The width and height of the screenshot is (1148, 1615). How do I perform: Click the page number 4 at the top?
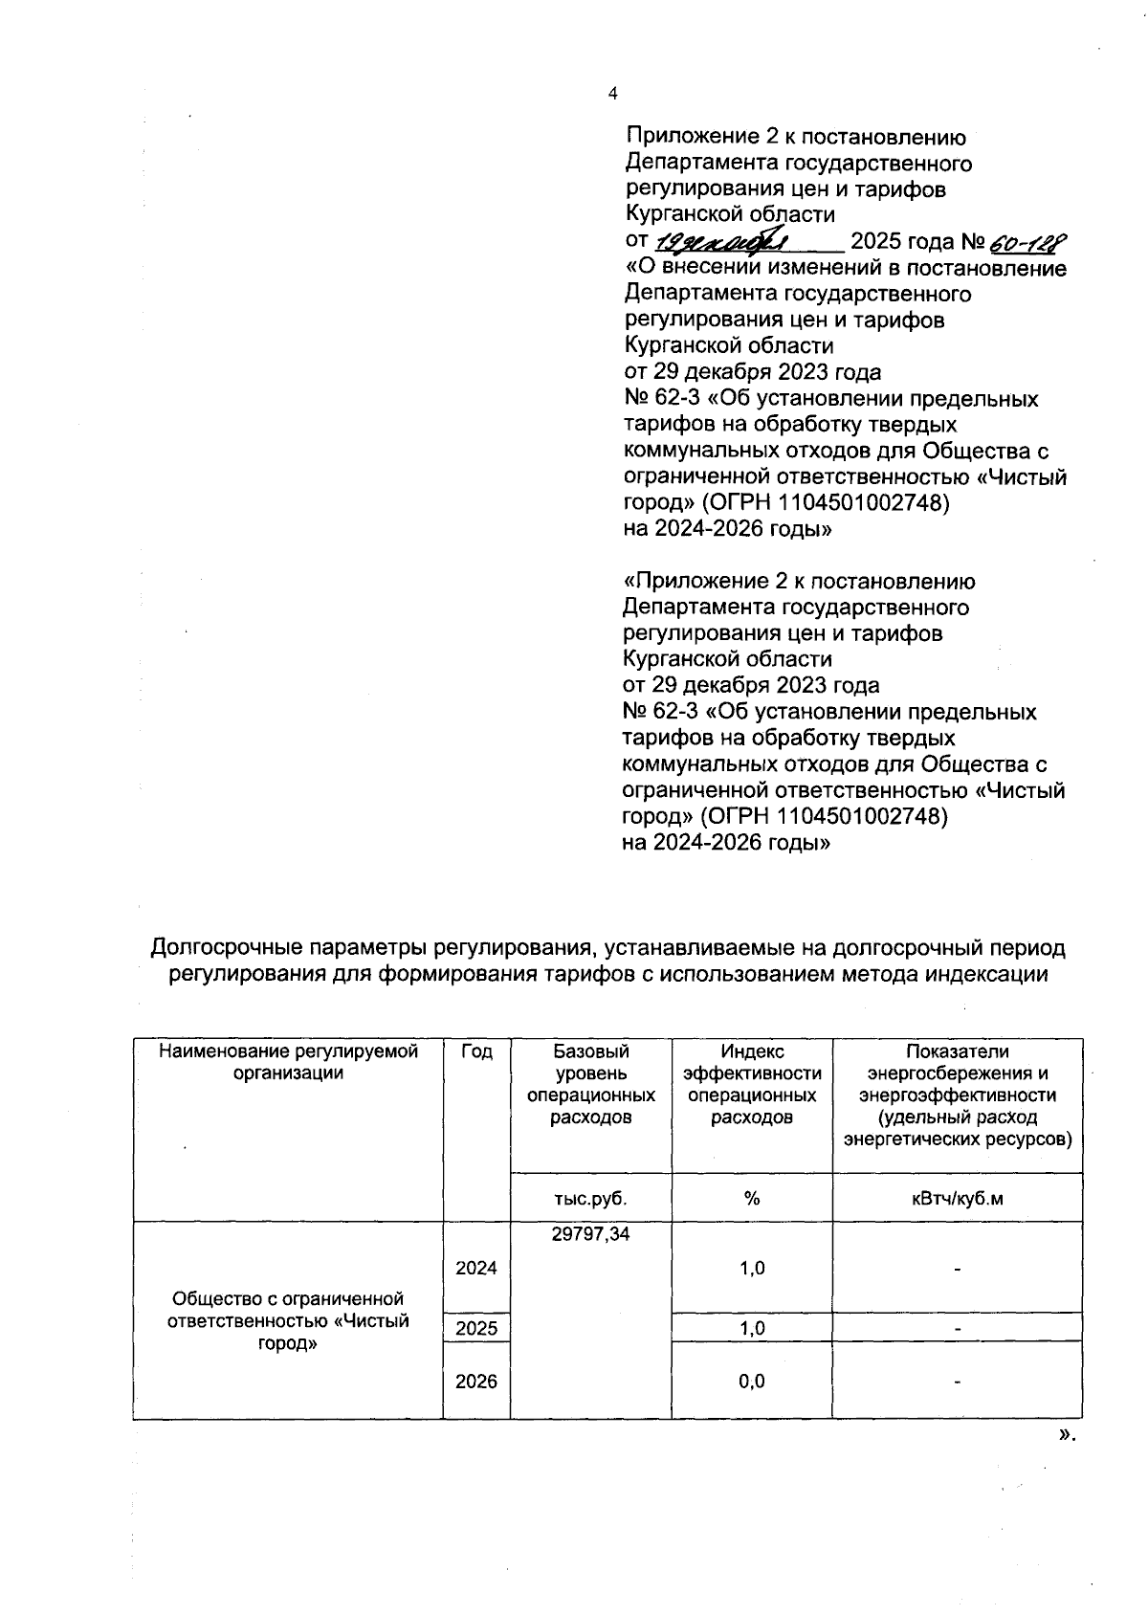[613, 93]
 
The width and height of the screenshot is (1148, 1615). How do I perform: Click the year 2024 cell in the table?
[476, 1268]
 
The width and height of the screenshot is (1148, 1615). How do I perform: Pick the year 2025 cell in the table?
[476, 1328]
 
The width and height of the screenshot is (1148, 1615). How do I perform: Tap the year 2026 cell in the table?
[476, 1381]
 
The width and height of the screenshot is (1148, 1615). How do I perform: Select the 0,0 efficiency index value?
[752, 1381]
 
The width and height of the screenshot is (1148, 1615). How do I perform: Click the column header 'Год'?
[476, 1051]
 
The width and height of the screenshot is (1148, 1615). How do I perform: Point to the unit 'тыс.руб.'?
[590, 1198]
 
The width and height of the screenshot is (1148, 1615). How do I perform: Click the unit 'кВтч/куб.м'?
[957, 1198]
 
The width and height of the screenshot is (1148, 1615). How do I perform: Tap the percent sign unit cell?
[752, 1198]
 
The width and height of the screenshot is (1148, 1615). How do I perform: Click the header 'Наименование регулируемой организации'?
[288, 1062]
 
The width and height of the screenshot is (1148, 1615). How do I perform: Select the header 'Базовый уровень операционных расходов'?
[590, 1084]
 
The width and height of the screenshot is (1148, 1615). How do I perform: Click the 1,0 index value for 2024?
[752, 1268]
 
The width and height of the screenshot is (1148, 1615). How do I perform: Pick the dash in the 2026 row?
[957, 1381]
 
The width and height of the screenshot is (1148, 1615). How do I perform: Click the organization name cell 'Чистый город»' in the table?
[288, 1320]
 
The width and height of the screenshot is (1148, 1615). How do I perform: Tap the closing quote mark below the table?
[1068, 1434]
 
